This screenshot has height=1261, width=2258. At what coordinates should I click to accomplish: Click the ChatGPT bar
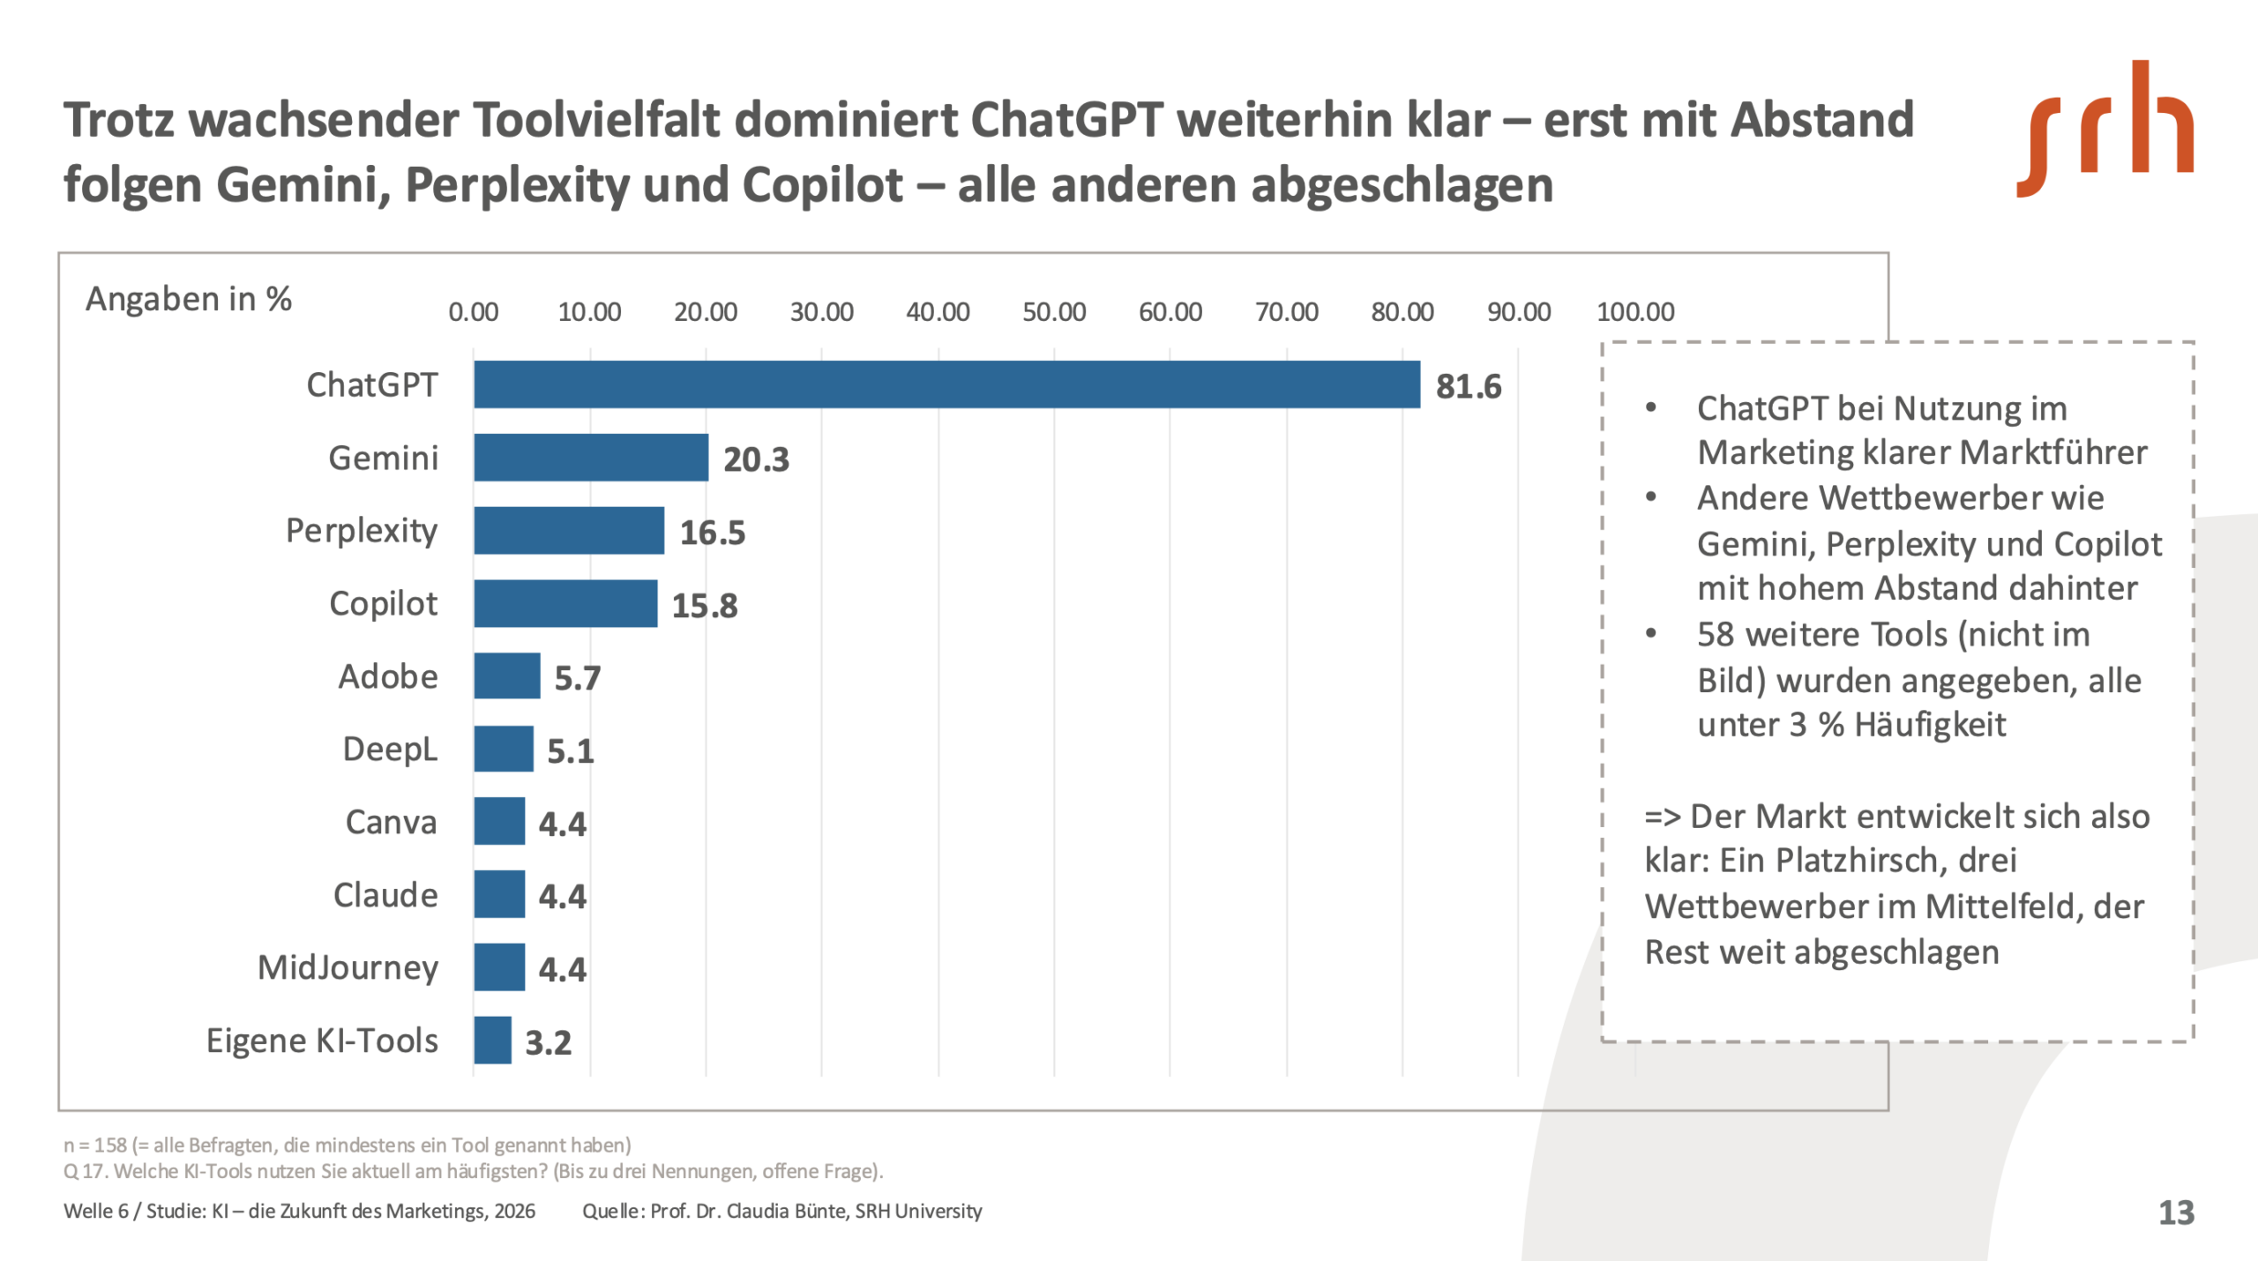click(946, 384)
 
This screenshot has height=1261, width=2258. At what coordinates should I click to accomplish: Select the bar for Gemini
click(590, 458)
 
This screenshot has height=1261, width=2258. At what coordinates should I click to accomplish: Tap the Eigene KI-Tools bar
click(492, 1041)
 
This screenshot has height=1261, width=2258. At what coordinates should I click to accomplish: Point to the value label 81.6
click(1468, 386)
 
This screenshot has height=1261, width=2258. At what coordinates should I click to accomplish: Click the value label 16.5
click(712, 533)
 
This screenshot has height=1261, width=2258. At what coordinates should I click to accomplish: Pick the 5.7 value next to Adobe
click(577, 678)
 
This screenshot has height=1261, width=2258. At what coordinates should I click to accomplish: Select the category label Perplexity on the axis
click(362, 531)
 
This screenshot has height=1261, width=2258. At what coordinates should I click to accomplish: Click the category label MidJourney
click(348, 967)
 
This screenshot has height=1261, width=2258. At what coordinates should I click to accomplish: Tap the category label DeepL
click(390, 750)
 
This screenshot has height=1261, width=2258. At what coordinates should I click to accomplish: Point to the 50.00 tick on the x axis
click(1054, 312)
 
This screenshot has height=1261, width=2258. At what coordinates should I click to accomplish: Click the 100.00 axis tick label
click(1634, 312)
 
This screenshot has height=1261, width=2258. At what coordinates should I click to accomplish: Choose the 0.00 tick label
click(474, 312)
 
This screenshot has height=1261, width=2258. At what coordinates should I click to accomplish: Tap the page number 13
click(2176, 1212)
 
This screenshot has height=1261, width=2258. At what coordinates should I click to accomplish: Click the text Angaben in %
click(188, 299)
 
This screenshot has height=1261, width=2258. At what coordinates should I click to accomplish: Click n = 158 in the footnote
click(95, 1145)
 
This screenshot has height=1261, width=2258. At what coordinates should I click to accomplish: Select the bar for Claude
click(499, 894)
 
